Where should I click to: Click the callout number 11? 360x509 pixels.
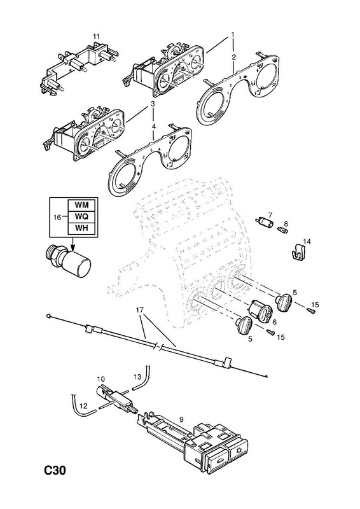(x=96, y=36)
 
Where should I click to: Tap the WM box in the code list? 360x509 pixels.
(x=81, y=205)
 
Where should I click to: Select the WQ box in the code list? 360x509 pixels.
(x=81, y=216)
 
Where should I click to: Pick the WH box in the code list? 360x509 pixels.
(x=81, y=228)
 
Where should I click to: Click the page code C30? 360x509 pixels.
(x=55, y=470)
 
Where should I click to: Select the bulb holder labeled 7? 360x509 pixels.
(x=265, y=222)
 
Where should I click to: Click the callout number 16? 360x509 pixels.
(x=57, y=217)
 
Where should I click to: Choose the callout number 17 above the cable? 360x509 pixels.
(x=139, y=310)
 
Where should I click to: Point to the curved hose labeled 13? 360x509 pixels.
(x=142, y=380)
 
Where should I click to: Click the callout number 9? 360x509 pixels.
(x=181, y=419)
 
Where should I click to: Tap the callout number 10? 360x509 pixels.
(x=100, y=379)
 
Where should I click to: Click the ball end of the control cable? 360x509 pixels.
(x=48, y=315)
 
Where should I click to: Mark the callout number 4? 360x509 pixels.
(x=154, y=126)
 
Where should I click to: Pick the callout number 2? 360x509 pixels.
(x=233, y=57)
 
